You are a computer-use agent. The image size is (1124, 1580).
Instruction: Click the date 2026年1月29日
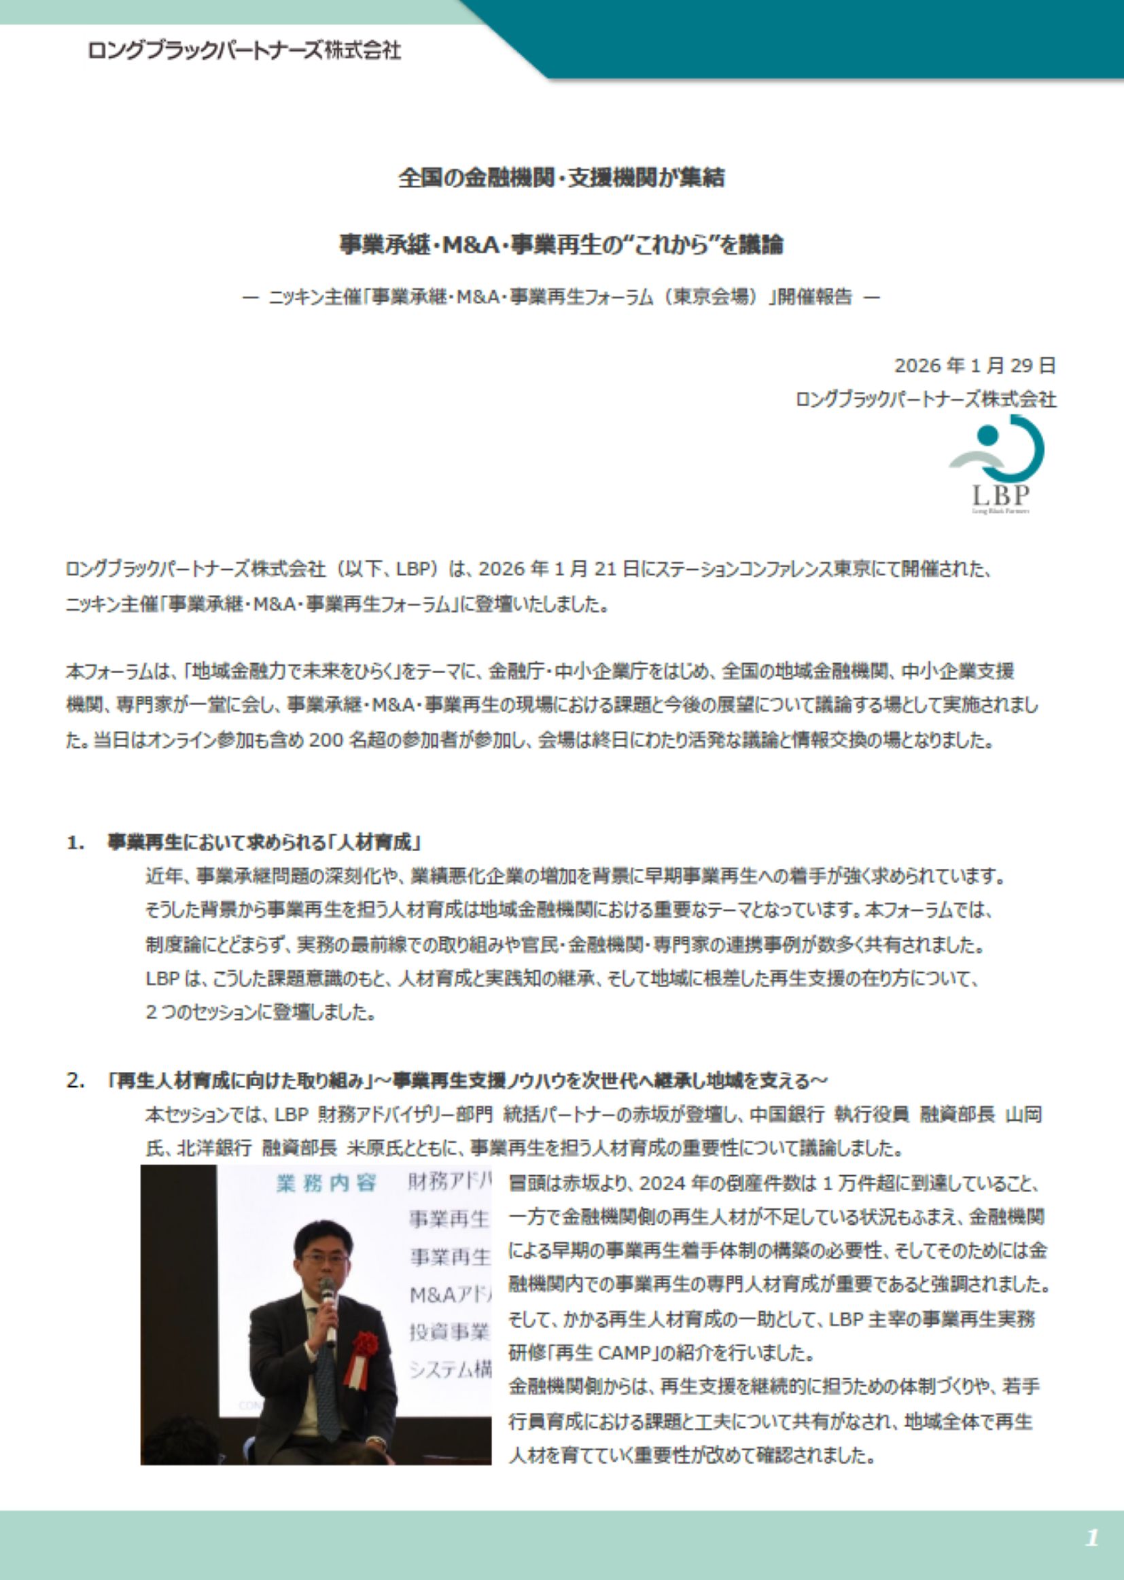click(x=974, y=365)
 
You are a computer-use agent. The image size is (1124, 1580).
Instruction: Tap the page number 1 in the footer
click(x=1092, y=1538)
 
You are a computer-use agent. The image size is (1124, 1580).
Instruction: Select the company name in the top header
click(x=245, y=50)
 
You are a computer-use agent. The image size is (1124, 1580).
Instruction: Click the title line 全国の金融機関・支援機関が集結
click(x=561, y=179)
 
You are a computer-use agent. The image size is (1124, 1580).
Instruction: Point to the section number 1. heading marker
click(x=76, y=842)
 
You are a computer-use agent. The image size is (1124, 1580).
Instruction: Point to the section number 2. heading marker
click(x=76, y=1081)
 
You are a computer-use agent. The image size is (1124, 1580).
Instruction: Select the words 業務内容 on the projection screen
click(x=326, y=1183)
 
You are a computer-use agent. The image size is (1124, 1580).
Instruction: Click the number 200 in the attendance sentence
click(x=326, y=740)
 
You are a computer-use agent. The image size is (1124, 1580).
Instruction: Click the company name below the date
click(x=926, y=400)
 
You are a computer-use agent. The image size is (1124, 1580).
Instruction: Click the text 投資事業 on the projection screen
click(x=449, y=1331)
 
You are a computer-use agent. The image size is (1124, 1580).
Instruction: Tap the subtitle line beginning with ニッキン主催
click(x=561, y=298)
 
